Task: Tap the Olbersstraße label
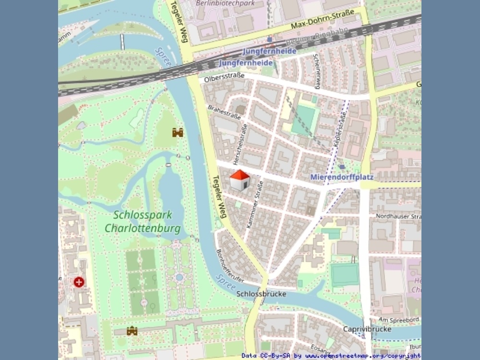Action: (x=224, y=77)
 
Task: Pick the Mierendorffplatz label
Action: (x=342, y=177)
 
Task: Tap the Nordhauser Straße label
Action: (x=398, y=216)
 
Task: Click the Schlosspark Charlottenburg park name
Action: (x=143, y=221)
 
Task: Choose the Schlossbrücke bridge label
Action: (x=262, y=294)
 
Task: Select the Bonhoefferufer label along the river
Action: (x=230, y=266)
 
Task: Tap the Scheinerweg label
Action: (x=316, y=71)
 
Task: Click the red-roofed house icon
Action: (x=240, y=180)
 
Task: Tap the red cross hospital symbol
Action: (x=79, y=282)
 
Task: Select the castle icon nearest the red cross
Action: (x=132, y=331)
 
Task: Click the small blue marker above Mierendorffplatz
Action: (x=341, y=167)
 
